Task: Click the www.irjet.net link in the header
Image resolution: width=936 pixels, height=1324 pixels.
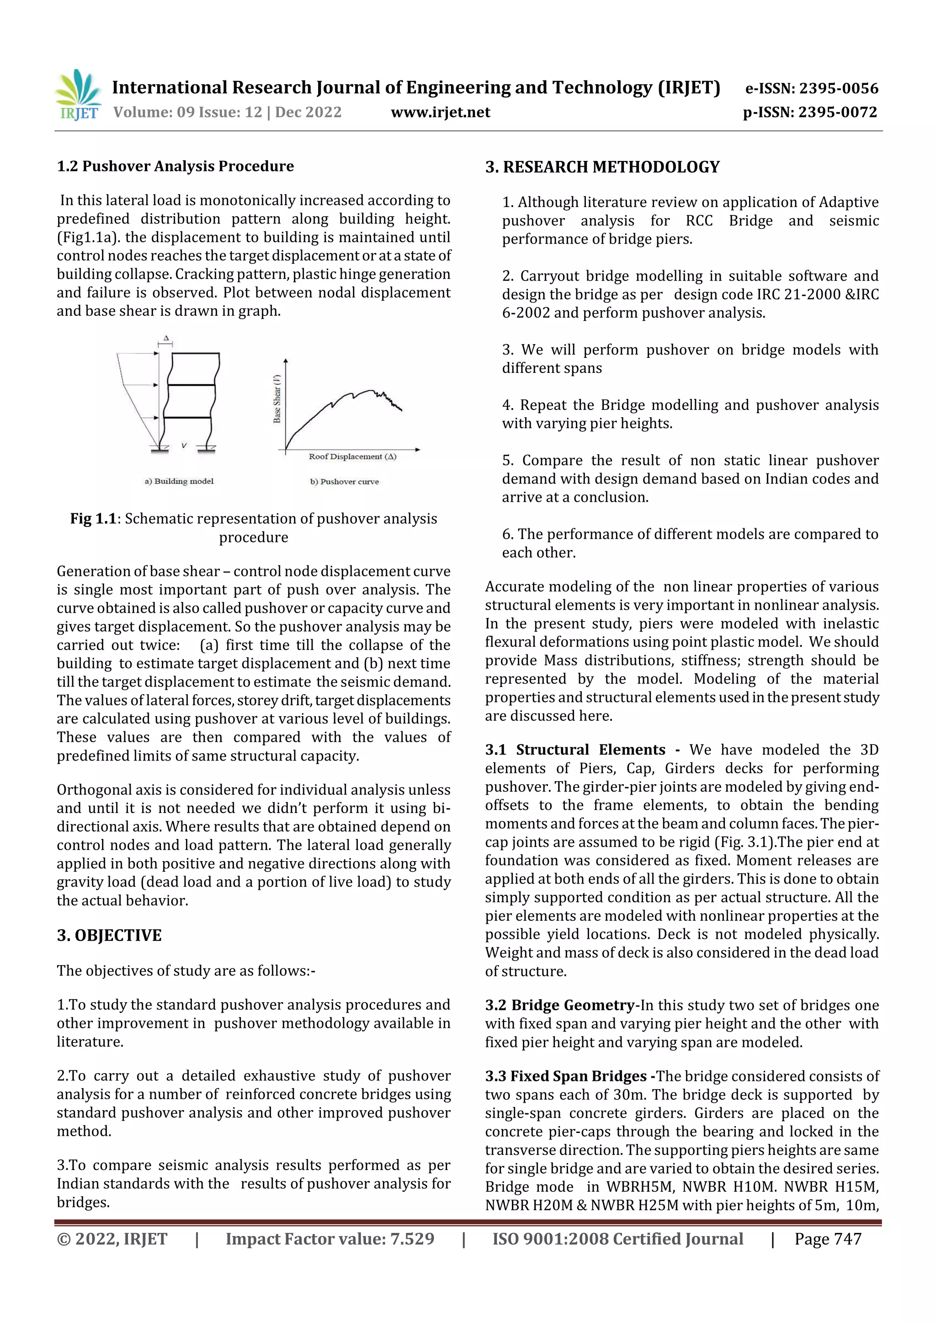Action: point(440,112)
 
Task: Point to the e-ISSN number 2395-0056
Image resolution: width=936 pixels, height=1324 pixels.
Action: point(838,88)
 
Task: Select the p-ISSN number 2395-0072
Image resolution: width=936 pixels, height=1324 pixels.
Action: point(837,112)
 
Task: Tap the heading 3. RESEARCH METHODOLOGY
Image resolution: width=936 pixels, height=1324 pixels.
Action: point(602,167)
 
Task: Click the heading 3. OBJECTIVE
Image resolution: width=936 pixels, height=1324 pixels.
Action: point(109,936)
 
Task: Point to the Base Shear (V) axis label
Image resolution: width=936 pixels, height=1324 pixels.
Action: point(277,398)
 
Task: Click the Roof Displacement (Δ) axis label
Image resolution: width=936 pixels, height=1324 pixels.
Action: point(352,457)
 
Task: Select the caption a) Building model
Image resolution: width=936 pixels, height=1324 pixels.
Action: point(179,481)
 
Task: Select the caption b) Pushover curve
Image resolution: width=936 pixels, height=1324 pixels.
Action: point(344,482)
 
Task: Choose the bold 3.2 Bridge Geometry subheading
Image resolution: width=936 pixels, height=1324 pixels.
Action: point(559,1005)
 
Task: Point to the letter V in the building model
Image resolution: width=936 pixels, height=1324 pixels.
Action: point(183,445)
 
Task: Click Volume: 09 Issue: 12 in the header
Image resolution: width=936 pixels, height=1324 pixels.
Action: point(187,112)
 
